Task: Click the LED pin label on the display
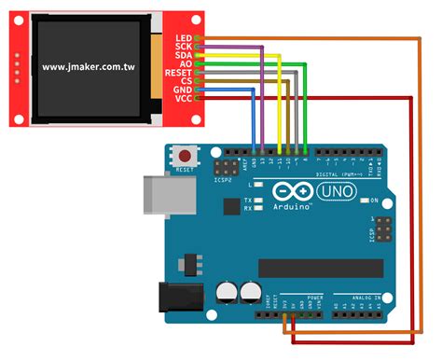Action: tap(183, 37)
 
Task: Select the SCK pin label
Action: tap(183, 46)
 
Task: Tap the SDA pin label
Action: tap(183, 55)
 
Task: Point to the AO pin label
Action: tap(186, 63)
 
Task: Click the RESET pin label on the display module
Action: tap(178, 72)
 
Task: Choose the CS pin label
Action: tap(186, 81)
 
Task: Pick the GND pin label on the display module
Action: tap(183, 90)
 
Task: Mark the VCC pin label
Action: tap(183, 98)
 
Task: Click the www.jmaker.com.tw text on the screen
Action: tap(89, 67)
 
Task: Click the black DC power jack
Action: tap(159, 298)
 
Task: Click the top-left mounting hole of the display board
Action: tap(18, 23)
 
